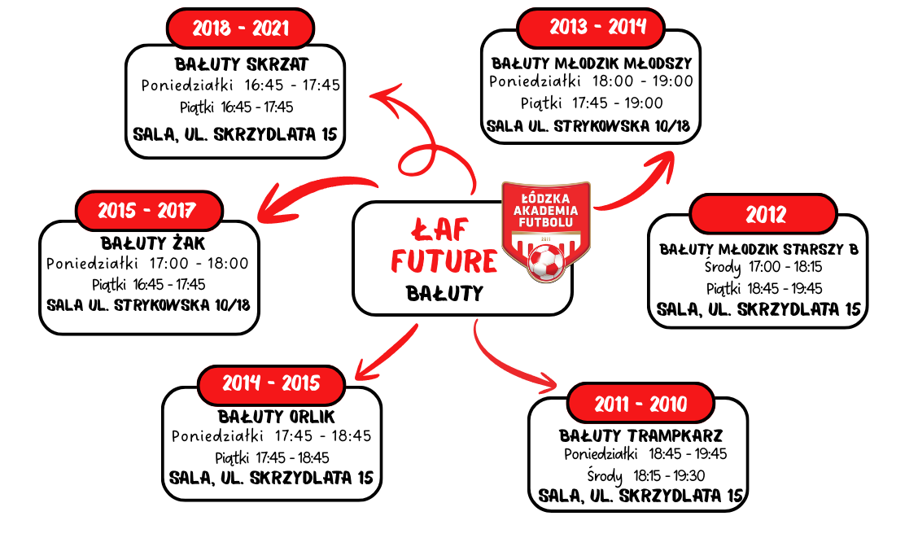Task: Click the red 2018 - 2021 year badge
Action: pos(240,28)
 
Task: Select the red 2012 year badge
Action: pos(765,214)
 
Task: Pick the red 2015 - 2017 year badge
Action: pos(147,210)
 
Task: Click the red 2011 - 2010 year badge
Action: pos(640,404)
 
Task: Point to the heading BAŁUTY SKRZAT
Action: pos(242,64)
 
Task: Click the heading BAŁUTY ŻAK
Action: pos(153,243)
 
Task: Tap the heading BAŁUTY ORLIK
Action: pos(272,417)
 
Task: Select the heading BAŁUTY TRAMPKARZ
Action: pos(640,435)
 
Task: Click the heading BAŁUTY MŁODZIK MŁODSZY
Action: pos(592,63)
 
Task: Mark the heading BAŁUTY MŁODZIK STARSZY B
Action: pos(758,249)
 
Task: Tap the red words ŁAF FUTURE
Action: pos(444,244)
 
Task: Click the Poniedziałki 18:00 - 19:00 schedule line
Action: pos(592,81)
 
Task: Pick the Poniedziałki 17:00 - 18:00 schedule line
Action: pos(147,264)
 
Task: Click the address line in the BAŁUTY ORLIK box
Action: pos(272,477)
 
